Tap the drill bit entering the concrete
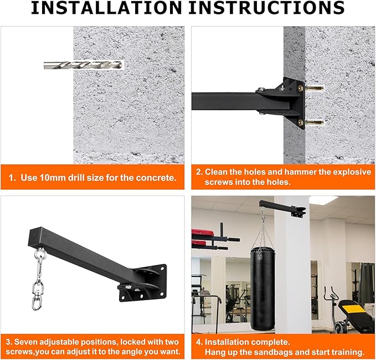(83, 65)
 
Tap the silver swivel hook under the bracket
(40, 274)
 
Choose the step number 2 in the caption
(199, 172)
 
